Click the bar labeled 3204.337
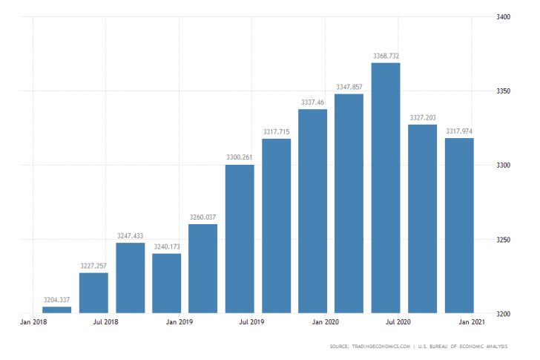click(57, 310)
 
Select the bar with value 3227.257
click(93, 292)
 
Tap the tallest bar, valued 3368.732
click(386, 188)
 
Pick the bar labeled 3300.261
click(240, 238)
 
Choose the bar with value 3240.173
click(166, 283)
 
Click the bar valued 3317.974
click(459, 226)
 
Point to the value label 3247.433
click(130, 236)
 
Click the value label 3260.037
click(202, 217)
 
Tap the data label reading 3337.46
click(312, 102)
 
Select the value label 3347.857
click(349, 87)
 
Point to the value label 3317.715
click(276, 131)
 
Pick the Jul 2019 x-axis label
click(253, 322)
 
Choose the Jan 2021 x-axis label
click(472, 322)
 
